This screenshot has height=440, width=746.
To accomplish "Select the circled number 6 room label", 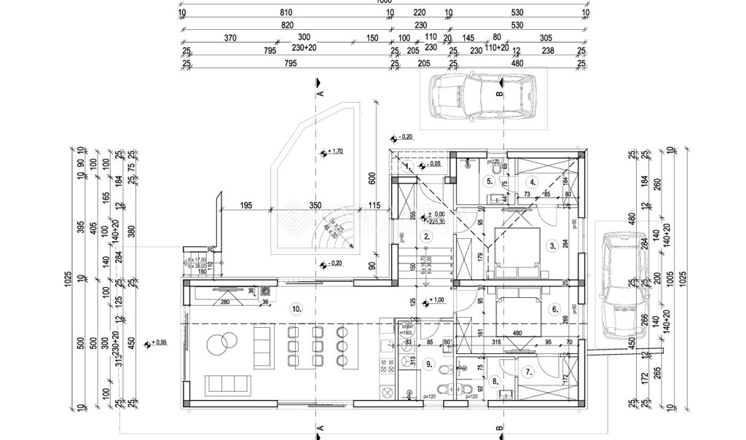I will (x=554, y=308).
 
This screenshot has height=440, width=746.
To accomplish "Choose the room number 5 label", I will (x=489, y=182).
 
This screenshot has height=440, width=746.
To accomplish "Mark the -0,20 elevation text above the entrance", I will (x=404, y=137).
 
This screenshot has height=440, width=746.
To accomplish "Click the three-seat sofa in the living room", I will (x=228, y=384).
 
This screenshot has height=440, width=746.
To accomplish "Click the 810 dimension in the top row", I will (x=286, y=12).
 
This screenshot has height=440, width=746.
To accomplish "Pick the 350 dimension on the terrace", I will (x=315, y=206).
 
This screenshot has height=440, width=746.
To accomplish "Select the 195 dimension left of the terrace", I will (x=245, y=206).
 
